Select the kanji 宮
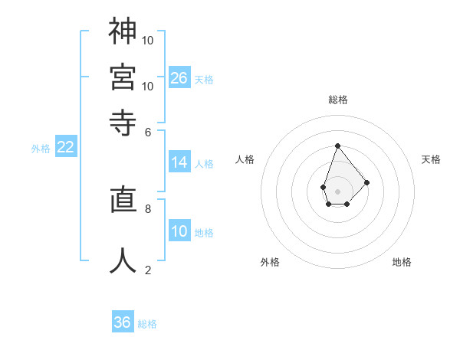[x=123, y=77]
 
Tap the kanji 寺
[x=123, y=122]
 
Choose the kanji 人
[x=123, y=260]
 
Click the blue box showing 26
[x=179, y=77]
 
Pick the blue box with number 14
[x=179, y=162]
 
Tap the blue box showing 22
[x=65, y=148]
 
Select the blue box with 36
[x=123, y=322]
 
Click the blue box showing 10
[x=179, y=231]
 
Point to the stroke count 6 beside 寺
[x=148, y=131]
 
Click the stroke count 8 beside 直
[x=148, y=208]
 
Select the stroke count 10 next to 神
[x=148, y=39]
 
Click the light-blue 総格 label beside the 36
[x=147, y=324]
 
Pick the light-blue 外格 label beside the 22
[x=40, y=149]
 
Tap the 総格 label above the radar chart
[x=337, y=100]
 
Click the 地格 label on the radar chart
[x=402, y=262]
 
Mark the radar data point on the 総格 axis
[x=337, y=146]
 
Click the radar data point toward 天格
[x=367, y=182]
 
